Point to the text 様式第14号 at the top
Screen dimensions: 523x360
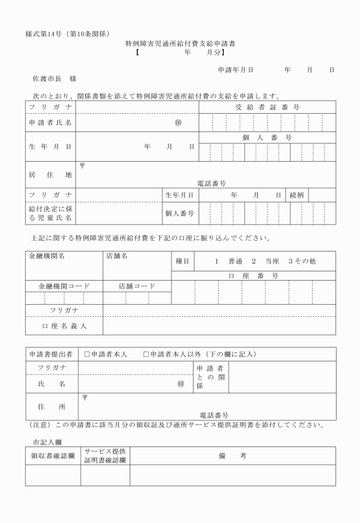tap(46, 33)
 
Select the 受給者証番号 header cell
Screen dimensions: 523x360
tap(267, 107)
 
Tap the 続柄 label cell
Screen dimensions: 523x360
tap(298, 195)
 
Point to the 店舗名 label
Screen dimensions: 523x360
tap(117, 256)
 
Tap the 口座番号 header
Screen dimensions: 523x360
tap(253, 276)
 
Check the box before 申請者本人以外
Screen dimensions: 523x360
tap(146, 354)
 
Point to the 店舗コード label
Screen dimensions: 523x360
tap(137, 286)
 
